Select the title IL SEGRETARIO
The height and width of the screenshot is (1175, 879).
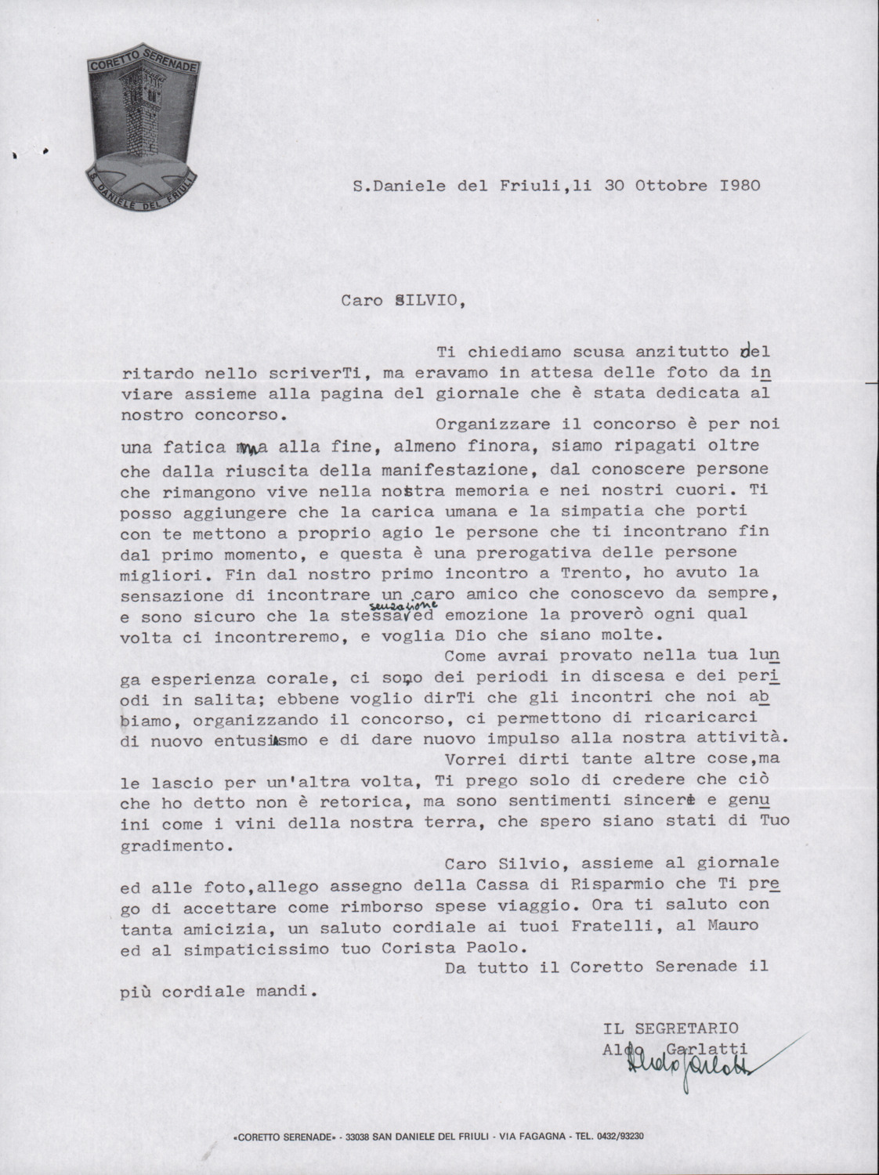point(670,1028)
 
